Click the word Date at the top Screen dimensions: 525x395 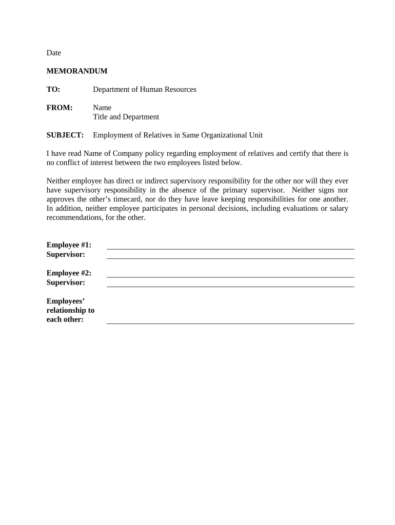54,53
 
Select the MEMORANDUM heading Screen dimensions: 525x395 77,71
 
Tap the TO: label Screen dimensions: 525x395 53,89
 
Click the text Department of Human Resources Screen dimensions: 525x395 144,89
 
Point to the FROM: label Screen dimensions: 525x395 60,108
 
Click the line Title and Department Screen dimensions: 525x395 126,117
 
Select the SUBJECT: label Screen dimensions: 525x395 65,135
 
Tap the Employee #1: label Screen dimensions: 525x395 69,245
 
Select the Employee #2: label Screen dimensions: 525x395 69,273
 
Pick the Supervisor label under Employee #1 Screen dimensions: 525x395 66,254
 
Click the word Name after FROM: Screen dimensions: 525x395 102,108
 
